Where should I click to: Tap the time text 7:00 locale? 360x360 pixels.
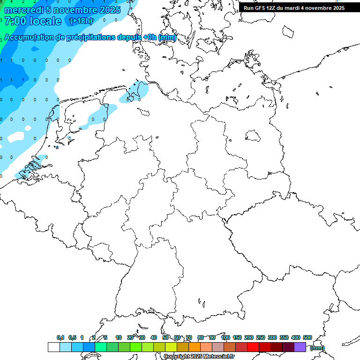[32, 21]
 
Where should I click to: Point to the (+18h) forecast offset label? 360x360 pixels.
[81, 21]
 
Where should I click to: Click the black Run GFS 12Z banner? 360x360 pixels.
[294, 8]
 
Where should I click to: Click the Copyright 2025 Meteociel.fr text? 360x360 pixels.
[199, 357]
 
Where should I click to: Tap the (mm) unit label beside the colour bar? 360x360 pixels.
[317, 348]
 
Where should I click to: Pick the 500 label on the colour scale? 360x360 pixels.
[307, 337]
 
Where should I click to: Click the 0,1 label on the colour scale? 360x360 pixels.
[60, 337]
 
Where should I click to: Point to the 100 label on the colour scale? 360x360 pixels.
[225, 337]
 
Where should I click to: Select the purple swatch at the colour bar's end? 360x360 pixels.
[300, 347]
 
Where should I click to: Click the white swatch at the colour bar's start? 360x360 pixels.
[53, 347]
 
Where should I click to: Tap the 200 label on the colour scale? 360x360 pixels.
[248, 337]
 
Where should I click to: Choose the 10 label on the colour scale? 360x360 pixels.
[119, 337]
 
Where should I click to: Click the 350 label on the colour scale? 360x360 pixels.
[284, 337]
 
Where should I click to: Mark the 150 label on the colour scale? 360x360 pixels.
[237, 337]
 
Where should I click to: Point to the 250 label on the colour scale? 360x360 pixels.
[260, 337]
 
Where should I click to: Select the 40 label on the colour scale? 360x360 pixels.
[154, 337]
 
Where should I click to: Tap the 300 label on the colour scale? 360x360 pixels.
[272, 337]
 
